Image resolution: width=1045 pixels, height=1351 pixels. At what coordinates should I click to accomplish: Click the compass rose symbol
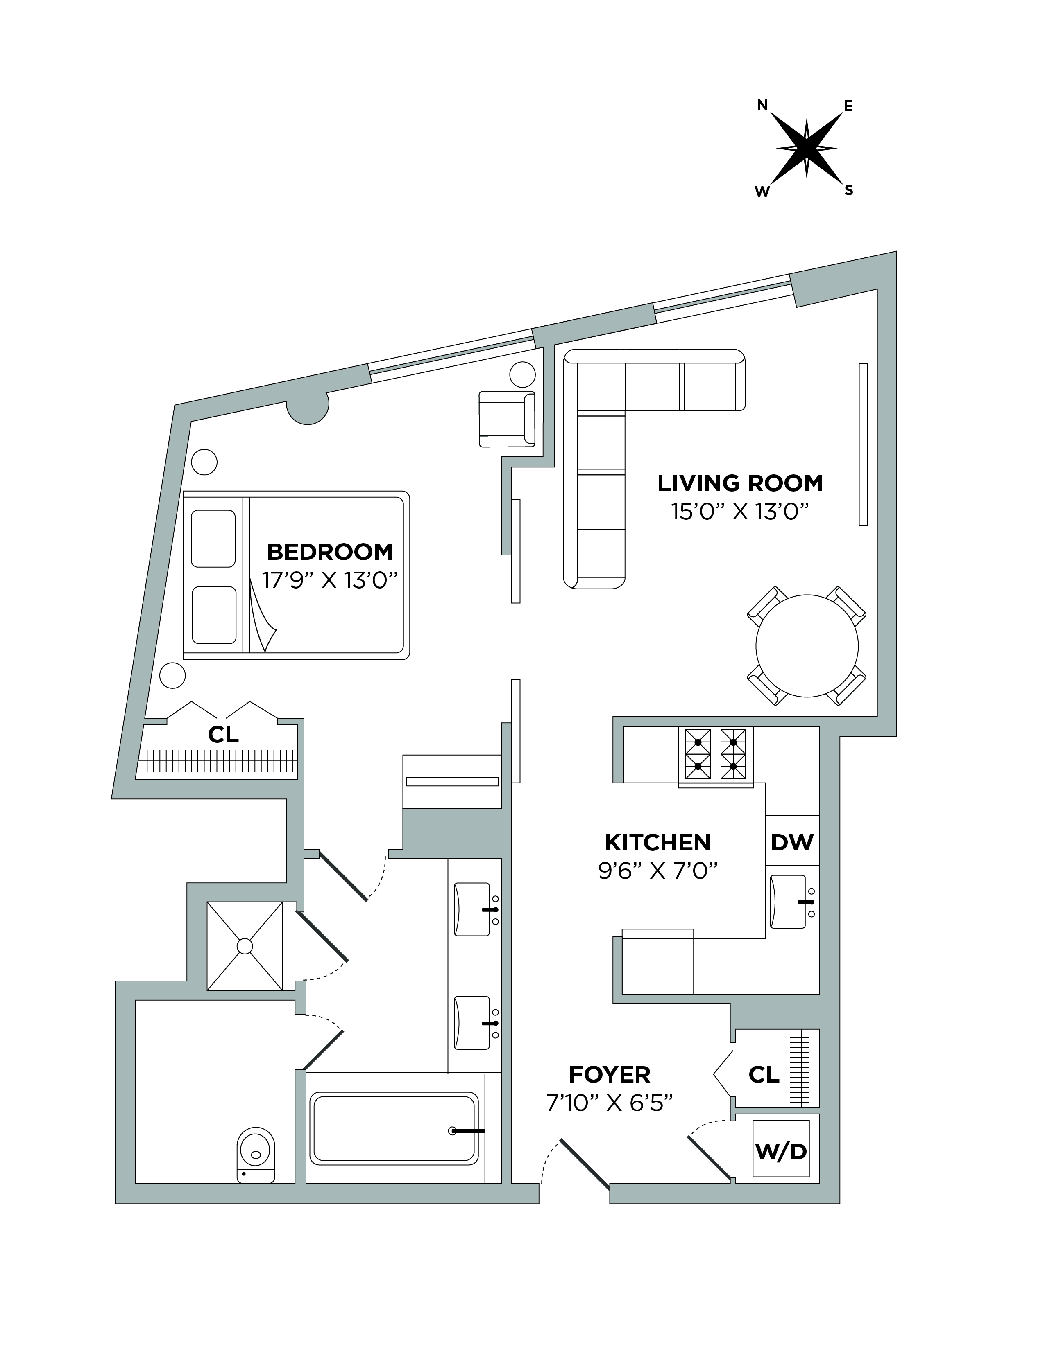coord(806,149)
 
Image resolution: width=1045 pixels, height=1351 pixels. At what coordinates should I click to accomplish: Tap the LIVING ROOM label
coord(740,483)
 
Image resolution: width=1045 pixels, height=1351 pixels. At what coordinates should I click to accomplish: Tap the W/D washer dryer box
coord(781,1150)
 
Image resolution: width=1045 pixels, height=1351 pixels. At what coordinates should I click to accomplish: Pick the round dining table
coord(807,646)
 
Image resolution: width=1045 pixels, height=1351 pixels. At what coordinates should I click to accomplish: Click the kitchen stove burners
coord(716,754)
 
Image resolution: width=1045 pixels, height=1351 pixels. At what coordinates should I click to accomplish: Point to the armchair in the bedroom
coord(506,419)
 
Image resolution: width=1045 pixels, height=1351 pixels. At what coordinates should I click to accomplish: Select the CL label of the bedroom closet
coord(223,734)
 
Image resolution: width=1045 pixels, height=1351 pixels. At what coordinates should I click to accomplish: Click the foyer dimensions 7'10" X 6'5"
coord(609,1103)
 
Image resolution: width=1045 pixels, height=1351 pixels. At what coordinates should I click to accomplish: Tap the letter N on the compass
coord(763,105)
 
